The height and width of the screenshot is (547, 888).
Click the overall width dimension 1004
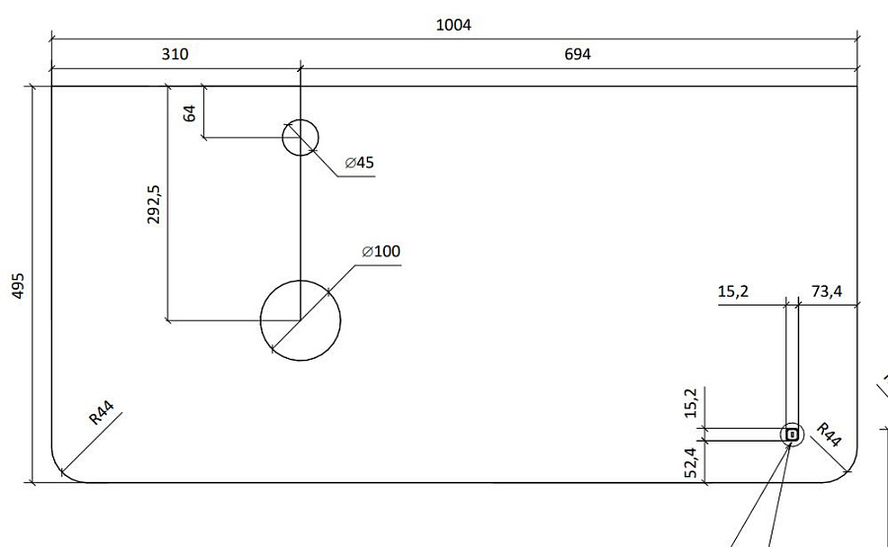(x=453, y=25)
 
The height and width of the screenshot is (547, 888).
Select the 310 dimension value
(x=175, y=54)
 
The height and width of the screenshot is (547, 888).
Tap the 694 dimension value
(x=577, y=54)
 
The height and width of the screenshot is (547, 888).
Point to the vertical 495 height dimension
(x=18, y=286)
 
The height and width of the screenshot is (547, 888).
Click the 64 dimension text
(x=189, y=111)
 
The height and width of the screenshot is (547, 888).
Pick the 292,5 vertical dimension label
(x=154, y=204)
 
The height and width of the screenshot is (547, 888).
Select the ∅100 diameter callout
(x=381, y=252)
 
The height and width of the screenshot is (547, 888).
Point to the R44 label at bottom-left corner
(x=102, y=412)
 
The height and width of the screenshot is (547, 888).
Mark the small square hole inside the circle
(x=791, y=434)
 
